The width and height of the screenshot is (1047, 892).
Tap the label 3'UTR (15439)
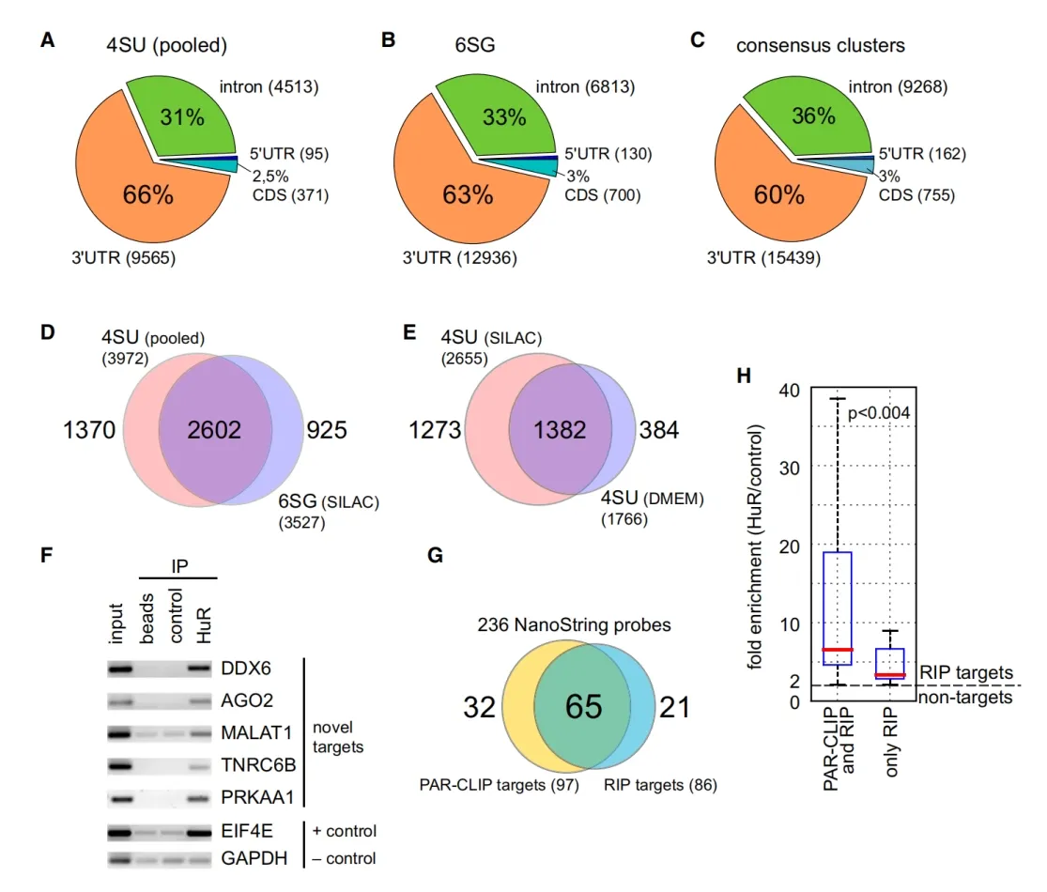(763, 257)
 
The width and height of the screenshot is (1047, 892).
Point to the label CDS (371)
(290, 195)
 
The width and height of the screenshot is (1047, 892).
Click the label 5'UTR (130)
(608, 154)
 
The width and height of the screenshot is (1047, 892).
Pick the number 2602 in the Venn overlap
(214, 430)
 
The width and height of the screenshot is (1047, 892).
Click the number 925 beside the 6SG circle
(327, 430)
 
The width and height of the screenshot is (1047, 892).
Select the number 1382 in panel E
(560, 430)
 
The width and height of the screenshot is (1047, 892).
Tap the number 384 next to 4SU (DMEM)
(659, 430)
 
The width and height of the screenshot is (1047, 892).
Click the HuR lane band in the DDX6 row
(199, 668)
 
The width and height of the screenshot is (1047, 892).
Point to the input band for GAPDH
(120, 859)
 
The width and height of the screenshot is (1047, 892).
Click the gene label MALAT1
(256, 733)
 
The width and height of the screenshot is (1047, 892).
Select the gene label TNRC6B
(258, 765)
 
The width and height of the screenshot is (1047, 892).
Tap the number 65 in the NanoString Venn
(583, 707)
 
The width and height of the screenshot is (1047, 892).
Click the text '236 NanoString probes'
(575, 625)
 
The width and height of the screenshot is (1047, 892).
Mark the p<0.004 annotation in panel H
(879, 413)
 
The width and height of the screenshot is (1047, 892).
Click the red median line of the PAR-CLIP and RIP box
(838, 650)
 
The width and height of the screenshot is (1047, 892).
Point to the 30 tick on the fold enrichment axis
(790, 469)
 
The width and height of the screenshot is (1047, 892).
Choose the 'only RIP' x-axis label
(891, 742)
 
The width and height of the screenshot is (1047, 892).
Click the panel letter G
(435, 556)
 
